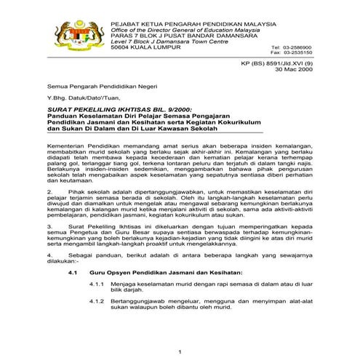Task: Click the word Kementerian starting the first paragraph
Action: [66, 146]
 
